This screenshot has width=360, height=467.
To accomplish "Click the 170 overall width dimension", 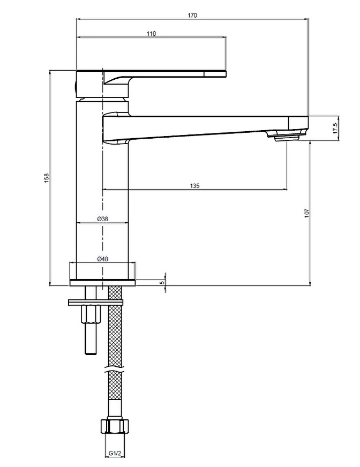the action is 192,15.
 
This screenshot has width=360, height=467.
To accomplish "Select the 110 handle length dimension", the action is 152,34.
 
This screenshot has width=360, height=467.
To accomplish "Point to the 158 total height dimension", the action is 47,178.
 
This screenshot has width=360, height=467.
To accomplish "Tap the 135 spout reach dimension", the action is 194,186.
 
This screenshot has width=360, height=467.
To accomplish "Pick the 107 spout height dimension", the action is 307,213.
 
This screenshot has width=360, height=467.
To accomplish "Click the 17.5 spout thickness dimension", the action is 335,128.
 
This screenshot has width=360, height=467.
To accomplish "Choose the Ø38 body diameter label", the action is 102,219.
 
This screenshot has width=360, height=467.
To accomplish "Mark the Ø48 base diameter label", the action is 102,259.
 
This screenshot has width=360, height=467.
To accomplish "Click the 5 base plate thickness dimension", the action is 162,282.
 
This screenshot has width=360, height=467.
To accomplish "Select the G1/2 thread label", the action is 115,453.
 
